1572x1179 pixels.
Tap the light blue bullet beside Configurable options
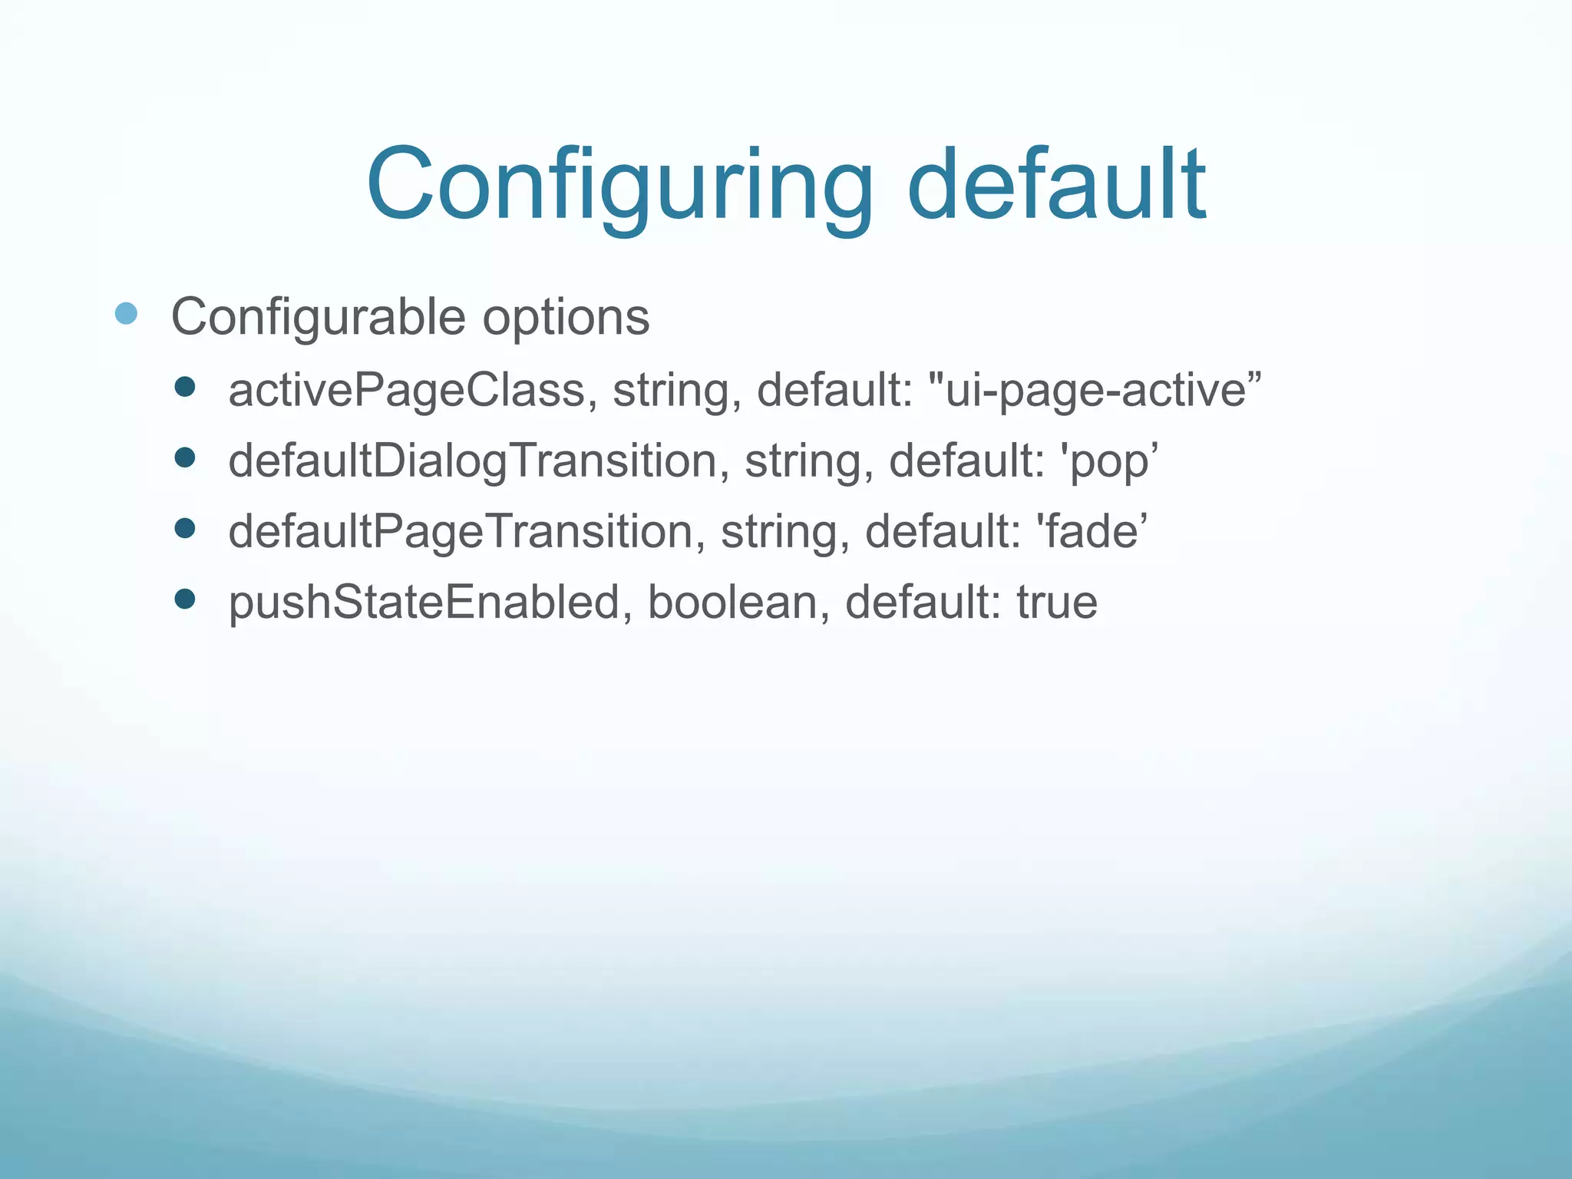126,313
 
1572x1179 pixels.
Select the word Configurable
318,316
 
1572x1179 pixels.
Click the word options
566,316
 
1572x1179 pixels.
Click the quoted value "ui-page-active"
1095,390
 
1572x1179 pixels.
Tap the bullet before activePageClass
185,387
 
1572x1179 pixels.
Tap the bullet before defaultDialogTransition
185,458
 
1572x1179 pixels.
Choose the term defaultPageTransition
461,531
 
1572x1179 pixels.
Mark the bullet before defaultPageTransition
185,528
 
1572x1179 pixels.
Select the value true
1057,602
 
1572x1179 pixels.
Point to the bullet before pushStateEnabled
185,599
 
